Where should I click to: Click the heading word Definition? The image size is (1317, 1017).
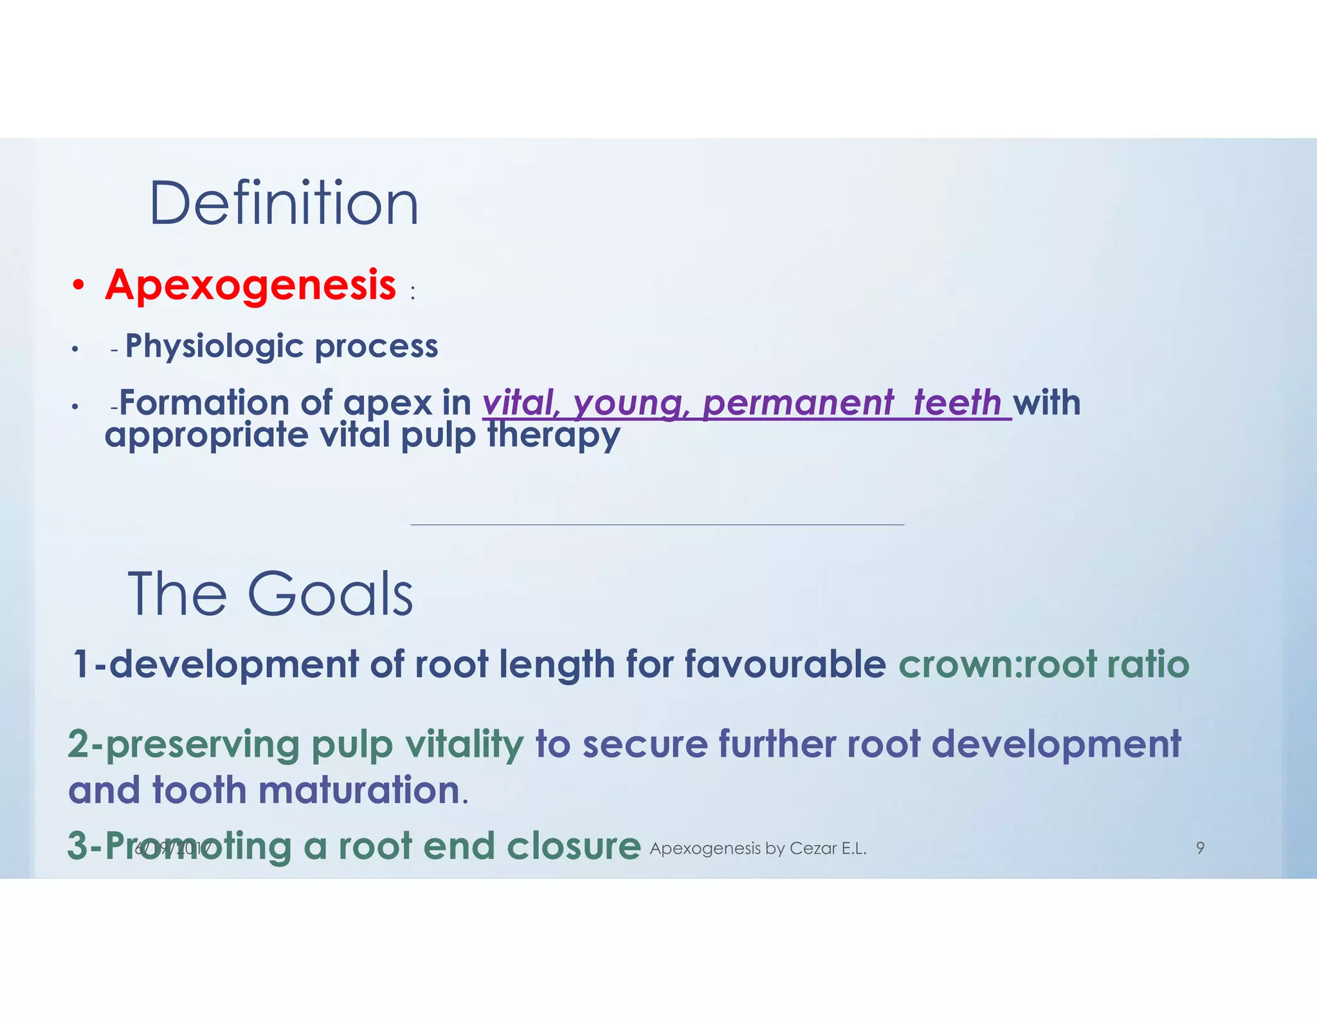(x=284, y=204)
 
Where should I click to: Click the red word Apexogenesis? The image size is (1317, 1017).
(x=251, y=285)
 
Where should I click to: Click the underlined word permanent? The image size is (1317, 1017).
(x=797, y=403)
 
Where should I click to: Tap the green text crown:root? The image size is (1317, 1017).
(x=997, y=663)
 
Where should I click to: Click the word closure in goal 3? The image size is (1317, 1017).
(x=574, y=845)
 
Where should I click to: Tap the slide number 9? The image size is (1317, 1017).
(x=1200, y=848)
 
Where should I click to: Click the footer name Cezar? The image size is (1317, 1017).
(x=813, y=849)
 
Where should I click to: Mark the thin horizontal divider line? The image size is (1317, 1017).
(x=657, y=525)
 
